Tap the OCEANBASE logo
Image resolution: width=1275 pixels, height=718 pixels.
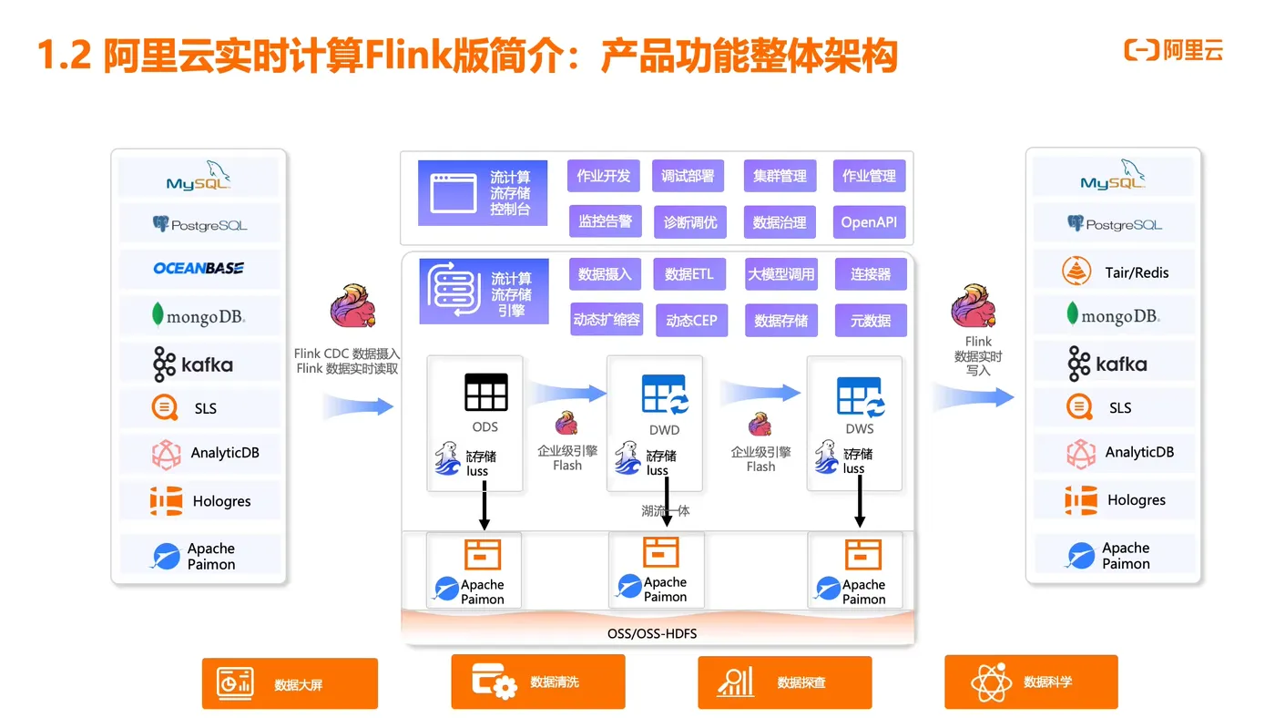pos(199,268)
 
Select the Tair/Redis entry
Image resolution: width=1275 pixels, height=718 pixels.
pos(1114,272)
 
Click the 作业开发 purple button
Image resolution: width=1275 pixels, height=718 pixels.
pos(604,176)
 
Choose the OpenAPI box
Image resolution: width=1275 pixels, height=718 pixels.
pos(869,222)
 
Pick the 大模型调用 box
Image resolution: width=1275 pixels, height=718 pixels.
pos(781,274)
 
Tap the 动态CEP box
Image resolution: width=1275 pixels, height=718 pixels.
pos(691,320)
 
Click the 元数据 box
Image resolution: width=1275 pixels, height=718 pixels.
pos(871,320)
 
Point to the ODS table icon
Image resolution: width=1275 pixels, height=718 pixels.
pos(486,392)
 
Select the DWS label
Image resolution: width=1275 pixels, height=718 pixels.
pos(859,428)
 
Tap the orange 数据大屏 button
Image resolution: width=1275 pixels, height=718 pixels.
pos(290,683)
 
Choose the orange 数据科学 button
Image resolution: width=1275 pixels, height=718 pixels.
pos(1031,682)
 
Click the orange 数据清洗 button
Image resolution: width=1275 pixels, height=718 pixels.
pos(538,682)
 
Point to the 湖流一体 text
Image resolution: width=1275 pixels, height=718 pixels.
pos(665,510)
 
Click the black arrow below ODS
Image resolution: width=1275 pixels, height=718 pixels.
pos(484,505)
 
